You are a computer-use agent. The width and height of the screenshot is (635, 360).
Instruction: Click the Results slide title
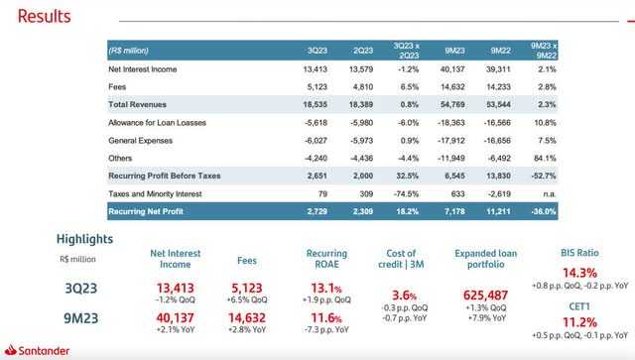pyautogui.click(x=44, y=16)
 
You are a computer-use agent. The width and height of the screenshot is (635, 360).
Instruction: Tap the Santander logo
pyautogui.click(x=37, y=350)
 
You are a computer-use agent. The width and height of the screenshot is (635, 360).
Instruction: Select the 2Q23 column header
pyautogui.click(x=363, y=51)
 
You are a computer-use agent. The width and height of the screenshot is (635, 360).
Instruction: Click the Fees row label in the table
pyautogui.click(x=117, y=87)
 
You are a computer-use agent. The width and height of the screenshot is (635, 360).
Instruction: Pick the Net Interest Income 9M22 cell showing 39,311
pyautogui.click(x=498, y=69)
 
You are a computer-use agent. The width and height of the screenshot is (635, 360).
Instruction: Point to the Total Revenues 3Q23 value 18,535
pyautogui.click(x=316, y=104)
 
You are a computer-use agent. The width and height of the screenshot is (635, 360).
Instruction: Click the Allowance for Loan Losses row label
pyautogui.click(x=157, y=123)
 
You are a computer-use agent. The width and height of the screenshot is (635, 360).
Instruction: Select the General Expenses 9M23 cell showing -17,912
pyautogui.click(x=451, y=141)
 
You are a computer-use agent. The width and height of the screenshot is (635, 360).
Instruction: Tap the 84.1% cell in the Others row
pyautogui.click(x=545, y=158)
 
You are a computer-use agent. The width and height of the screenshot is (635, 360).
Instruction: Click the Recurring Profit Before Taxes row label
pyautogui.click(x=165, y=176)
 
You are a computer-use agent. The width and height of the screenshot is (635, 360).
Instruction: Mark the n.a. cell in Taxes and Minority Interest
pyautogui.click(x=550, y=194)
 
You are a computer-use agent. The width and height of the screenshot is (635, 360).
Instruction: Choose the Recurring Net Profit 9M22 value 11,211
pyautogui.click(x=498, y=211)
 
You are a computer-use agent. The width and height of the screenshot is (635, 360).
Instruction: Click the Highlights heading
pyautogui.click(x=84, y=239)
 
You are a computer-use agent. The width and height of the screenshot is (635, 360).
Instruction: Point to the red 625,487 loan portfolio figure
pyautogui.click(x=485, y=296)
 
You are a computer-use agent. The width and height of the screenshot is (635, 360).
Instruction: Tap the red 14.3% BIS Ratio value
pyautogui.click(x=579, y=273)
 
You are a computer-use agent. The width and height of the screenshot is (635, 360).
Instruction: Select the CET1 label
pyautogui.click(x=579, y=306)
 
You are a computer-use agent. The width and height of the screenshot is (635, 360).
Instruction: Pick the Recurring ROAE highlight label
pyautogui.click(x=326, y=259)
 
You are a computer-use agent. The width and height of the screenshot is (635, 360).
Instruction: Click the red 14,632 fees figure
pyautogui.click(x=247, y=318)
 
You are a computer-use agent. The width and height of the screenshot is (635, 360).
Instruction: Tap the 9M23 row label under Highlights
pyautogui.click(x=81, y=318)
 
